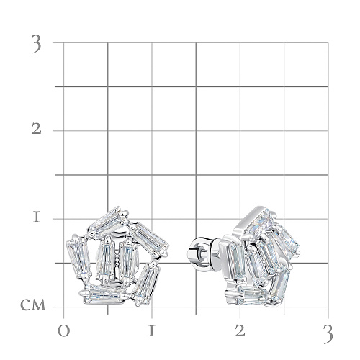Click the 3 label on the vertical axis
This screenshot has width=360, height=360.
36,44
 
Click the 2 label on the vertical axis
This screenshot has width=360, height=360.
36,130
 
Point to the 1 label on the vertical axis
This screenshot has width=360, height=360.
37,217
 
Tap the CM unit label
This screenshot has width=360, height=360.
33,305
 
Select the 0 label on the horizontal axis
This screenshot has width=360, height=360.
63,331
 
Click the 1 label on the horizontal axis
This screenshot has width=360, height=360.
152,331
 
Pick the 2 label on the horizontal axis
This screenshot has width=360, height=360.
240,331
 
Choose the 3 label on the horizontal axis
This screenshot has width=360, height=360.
328,334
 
